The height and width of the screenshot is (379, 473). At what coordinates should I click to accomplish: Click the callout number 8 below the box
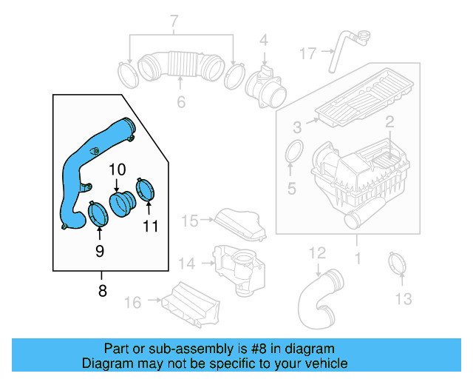(x=102, y=291)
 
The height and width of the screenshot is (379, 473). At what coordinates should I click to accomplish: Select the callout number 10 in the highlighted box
(x=118, y=170)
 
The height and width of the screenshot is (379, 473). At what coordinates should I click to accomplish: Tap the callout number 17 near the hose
(x=307, y=53)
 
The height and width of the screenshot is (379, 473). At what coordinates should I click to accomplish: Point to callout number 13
(x=402, y=298)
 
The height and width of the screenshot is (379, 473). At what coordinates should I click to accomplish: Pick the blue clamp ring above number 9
(x=98, y=215)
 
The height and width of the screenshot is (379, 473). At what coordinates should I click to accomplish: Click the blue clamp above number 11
(x=146, y=189)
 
